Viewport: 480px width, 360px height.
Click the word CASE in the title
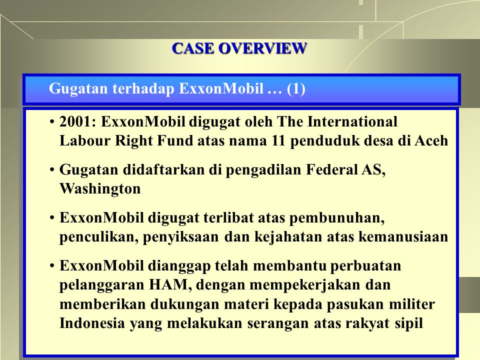193,48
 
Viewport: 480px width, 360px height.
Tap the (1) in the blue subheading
296,89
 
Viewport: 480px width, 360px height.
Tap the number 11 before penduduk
278,141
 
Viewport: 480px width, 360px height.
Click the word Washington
100,188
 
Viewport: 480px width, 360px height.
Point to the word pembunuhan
336,218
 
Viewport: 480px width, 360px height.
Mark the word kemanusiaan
403,237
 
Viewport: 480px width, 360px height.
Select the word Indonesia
92,323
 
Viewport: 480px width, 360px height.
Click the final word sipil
408,323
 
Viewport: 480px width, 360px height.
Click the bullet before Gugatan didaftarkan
52,170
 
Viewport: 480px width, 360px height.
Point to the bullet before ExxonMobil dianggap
52,266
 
